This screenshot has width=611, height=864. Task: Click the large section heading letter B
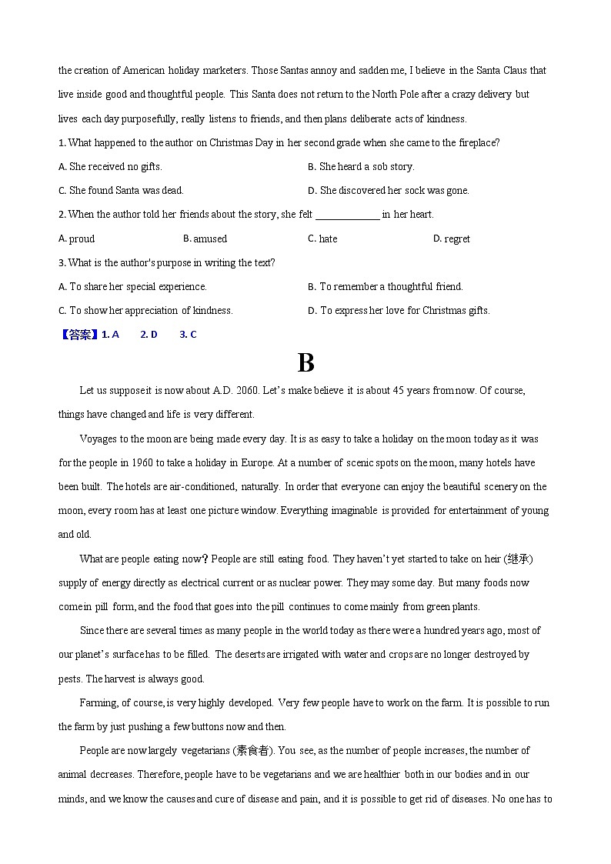[305, 363]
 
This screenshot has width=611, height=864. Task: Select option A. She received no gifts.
[110, 167]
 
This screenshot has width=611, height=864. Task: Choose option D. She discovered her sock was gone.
[388, 191]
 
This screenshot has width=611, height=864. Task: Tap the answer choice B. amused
[205, 239]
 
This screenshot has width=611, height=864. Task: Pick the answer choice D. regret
[451, 239]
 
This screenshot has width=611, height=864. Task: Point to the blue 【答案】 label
[78, 335]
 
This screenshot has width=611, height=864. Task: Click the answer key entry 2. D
[149, 335]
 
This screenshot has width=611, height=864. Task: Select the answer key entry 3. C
[188, 335]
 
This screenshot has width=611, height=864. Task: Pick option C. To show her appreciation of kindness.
[145, 311]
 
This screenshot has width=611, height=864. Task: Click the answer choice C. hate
[322, 239]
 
